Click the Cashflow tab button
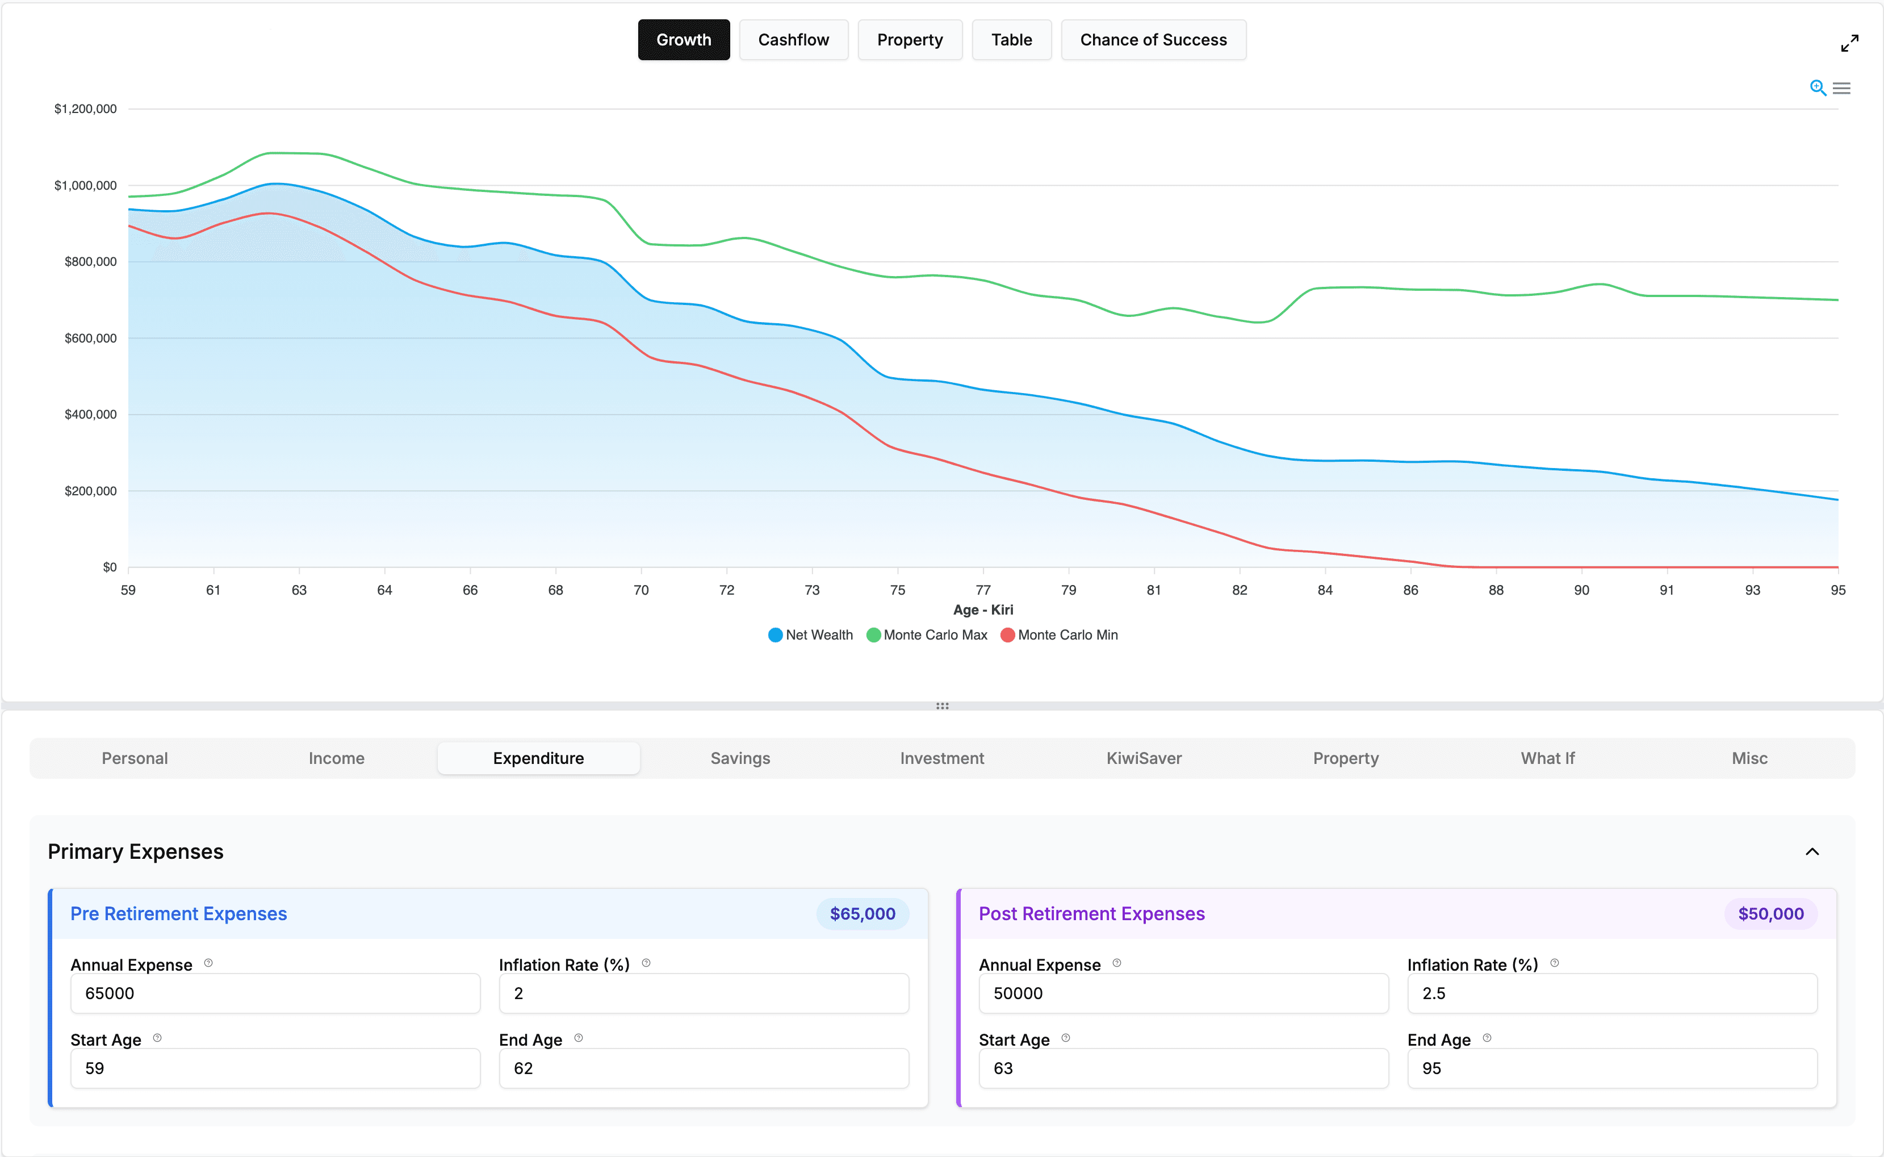793,40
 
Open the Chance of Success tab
1153,40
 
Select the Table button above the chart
1011,40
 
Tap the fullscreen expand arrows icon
1849,44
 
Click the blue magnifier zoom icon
1818,88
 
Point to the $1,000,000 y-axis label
85,185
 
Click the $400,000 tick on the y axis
90,415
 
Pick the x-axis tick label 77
983,590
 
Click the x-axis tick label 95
1837,590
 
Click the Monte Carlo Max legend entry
927,635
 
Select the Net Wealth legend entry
811,635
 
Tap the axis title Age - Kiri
983,610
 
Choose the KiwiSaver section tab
1144,758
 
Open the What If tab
1547,758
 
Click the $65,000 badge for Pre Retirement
862,914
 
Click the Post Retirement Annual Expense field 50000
1183,993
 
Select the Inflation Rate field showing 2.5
1611,993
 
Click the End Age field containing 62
703,1068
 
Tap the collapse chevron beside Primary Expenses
1811,851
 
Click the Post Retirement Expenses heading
1091,914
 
